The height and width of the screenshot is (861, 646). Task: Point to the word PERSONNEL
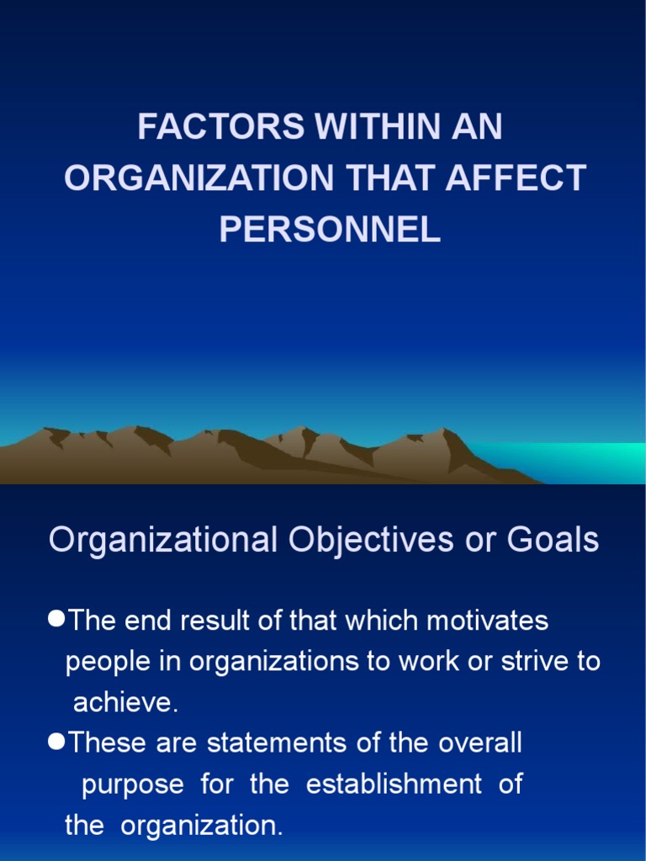click(330, 230)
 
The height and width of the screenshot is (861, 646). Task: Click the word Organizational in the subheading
click(162, 540)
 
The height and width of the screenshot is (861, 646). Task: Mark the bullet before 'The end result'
click(56, 619)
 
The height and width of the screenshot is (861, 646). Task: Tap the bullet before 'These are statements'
click(56, 742)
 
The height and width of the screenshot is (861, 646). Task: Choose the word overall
click(479, 743)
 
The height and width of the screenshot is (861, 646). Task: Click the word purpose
click(132, 784)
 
